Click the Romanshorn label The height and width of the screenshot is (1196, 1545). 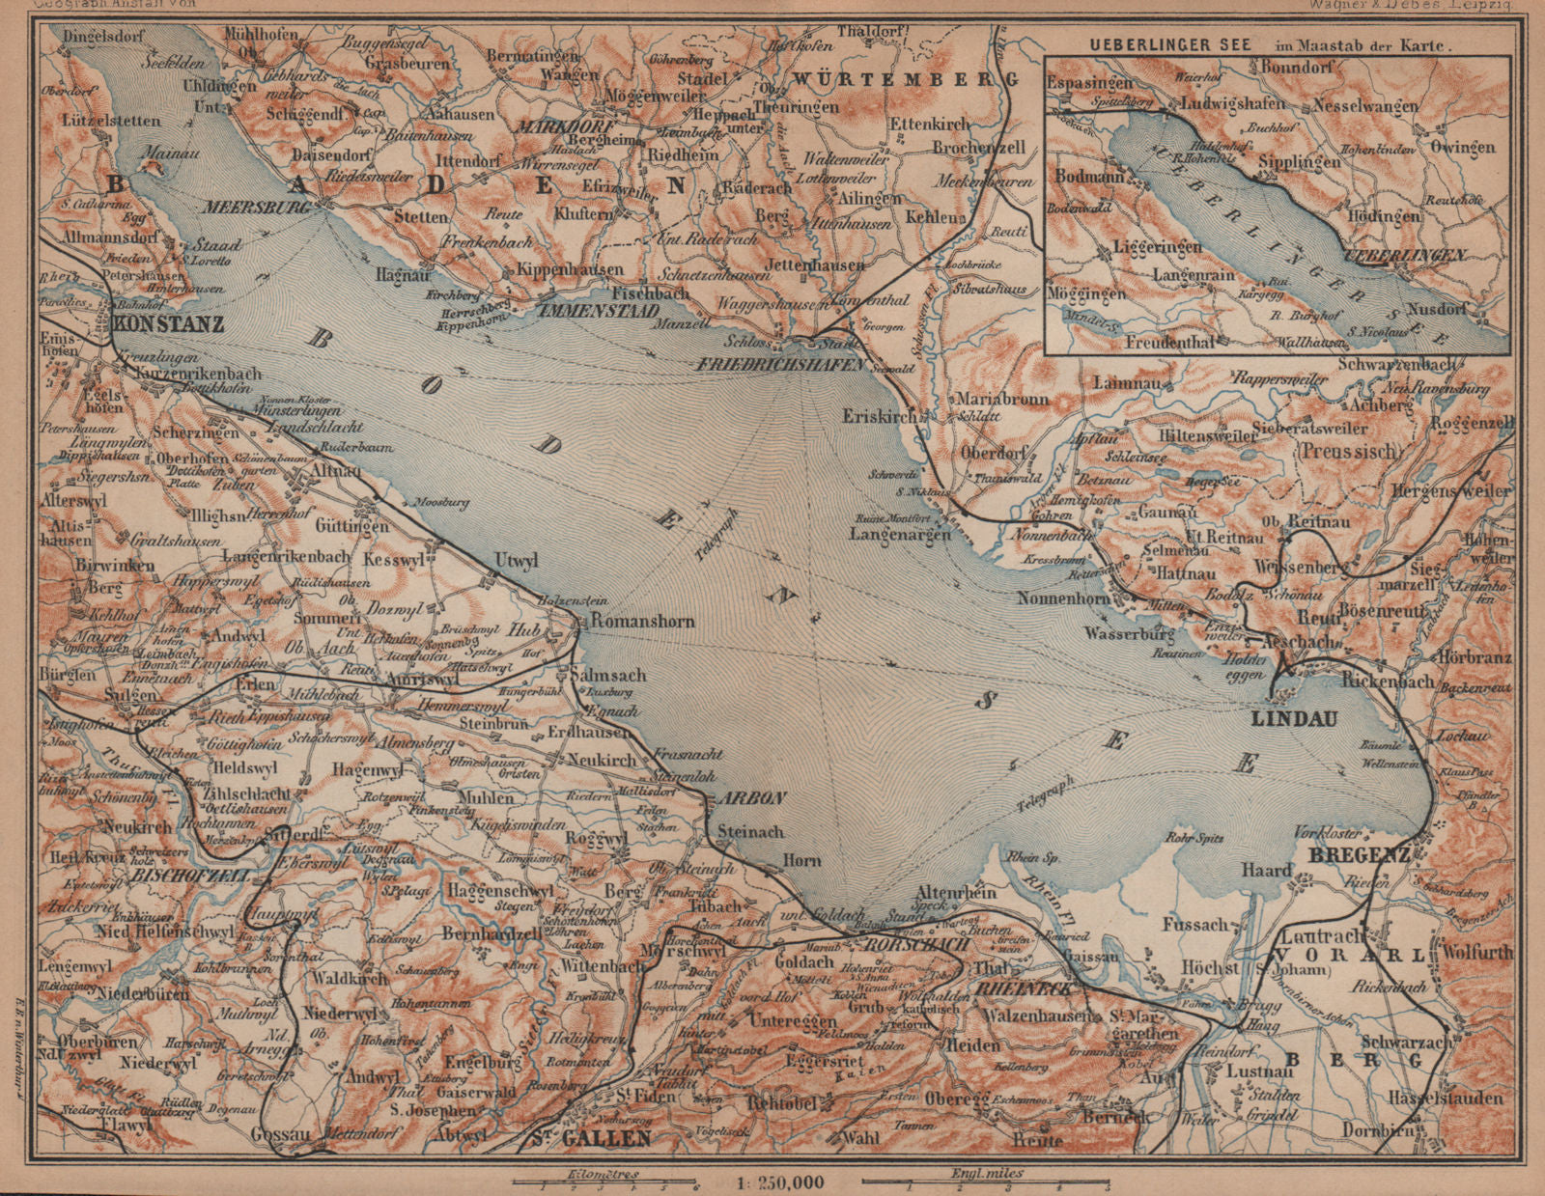tap(642, 622)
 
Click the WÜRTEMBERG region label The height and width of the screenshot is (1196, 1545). tap(906, 78)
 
